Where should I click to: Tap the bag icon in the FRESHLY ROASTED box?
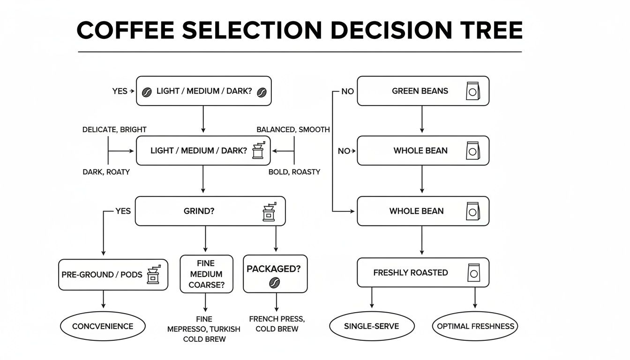coord(473,272)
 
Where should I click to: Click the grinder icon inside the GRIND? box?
coord(269,211)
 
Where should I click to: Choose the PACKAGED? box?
coord(275,274)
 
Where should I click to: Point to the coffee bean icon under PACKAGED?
coord(274,282)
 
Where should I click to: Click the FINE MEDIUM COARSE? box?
coord(206,274)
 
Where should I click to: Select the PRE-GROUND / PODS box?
coord(113,274)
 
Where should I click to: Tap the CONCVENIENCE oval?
coord(103,326)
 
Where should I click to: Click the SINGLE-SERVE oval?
coord(372,326)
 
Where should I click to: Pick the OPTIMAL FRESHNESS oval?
coord(475,326)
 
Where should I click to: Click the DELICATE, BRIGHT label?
coord(114,129)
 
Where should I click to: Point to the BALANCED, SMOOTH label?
coord(293,129)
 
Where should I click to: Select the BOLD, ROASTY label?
coord(294,172)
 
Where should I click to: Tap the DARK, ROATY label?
coord(106,172)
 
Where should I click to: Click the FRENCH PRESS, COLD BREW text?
coord(277,324)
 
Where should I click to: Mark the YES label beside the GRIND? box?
coord(123,211)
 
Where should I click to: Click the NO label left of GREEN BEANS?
coord(347,91)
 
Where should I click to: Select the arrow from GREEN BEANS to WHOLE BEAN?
coord(422,120)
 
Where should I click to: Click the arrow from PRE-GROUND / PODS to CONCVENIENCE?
coord(104,300)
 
